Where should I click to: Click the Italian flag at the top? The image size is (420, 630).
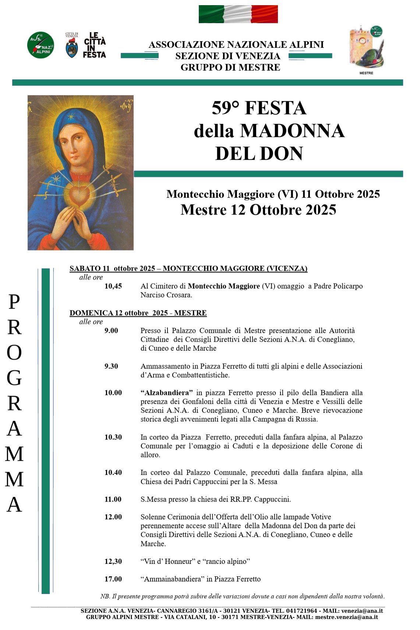point(238,14)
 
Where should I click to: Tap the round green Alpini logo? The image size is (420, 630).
point(41,45)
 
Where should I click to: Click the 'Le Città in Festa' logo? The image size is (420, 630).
point(94,45)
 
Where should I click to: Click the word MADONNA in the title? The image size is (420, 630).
point(292,131)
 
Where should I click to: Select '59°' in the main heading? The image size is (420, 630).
point(225,108)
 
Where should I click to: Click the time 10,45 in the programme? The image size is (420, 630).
point(113,286)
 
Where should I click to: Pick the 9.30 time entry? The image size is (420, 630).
point(111,366)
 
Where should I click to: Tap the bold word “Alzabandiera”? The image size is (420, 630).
point(167,393)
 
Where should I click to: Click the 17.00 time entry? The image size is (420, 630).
point(113,579)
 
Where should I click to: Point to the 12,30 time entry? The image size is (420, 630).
point(113,561)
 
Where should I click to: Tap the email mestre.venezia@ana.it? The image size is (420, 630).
point(346,617)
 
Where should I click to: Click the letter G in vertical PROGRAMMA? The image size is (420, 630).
point(14,378)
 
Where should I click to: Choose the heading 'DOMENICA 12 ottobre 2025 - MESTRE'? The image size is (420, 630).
point(138,313)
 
